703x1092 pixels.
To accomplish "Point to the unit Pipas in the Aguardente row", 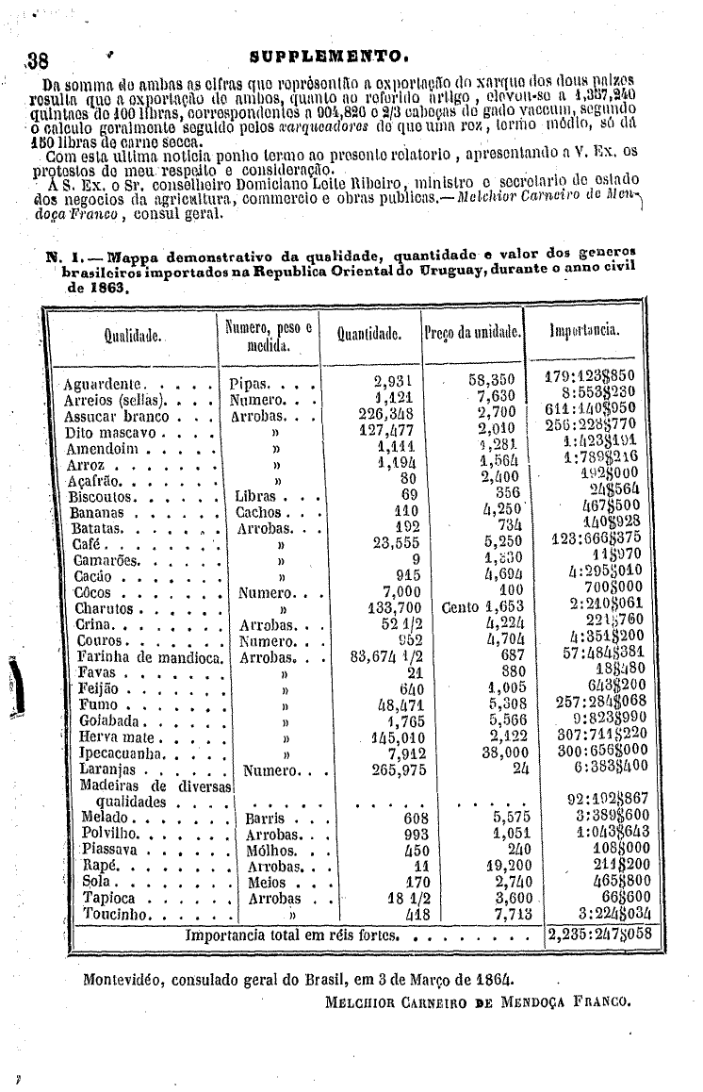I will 252,385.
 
